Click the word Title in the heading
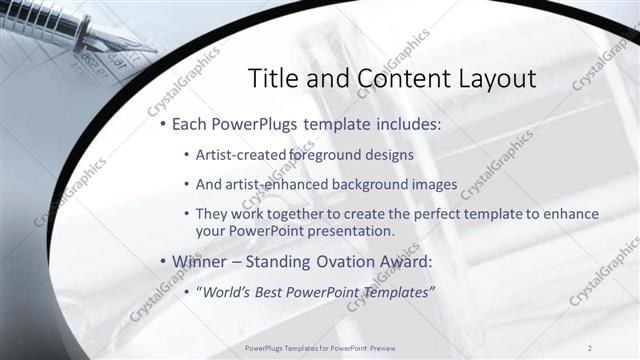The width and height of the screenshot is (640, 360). pos(272,79)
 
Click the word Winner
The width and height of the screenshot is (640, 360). pos(200,262)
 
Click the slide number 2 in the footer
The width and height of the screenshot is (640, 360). pos(591,347)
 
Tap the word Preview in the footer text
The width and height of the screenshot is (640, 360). pos(382,347)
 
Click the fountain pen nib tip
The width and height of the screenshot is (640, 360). pos(150,48)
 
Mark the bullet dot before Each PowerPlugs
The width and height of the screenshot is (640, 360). pos(163,128)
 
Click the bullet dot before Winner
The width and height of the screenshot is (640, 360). pos(163,263)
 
